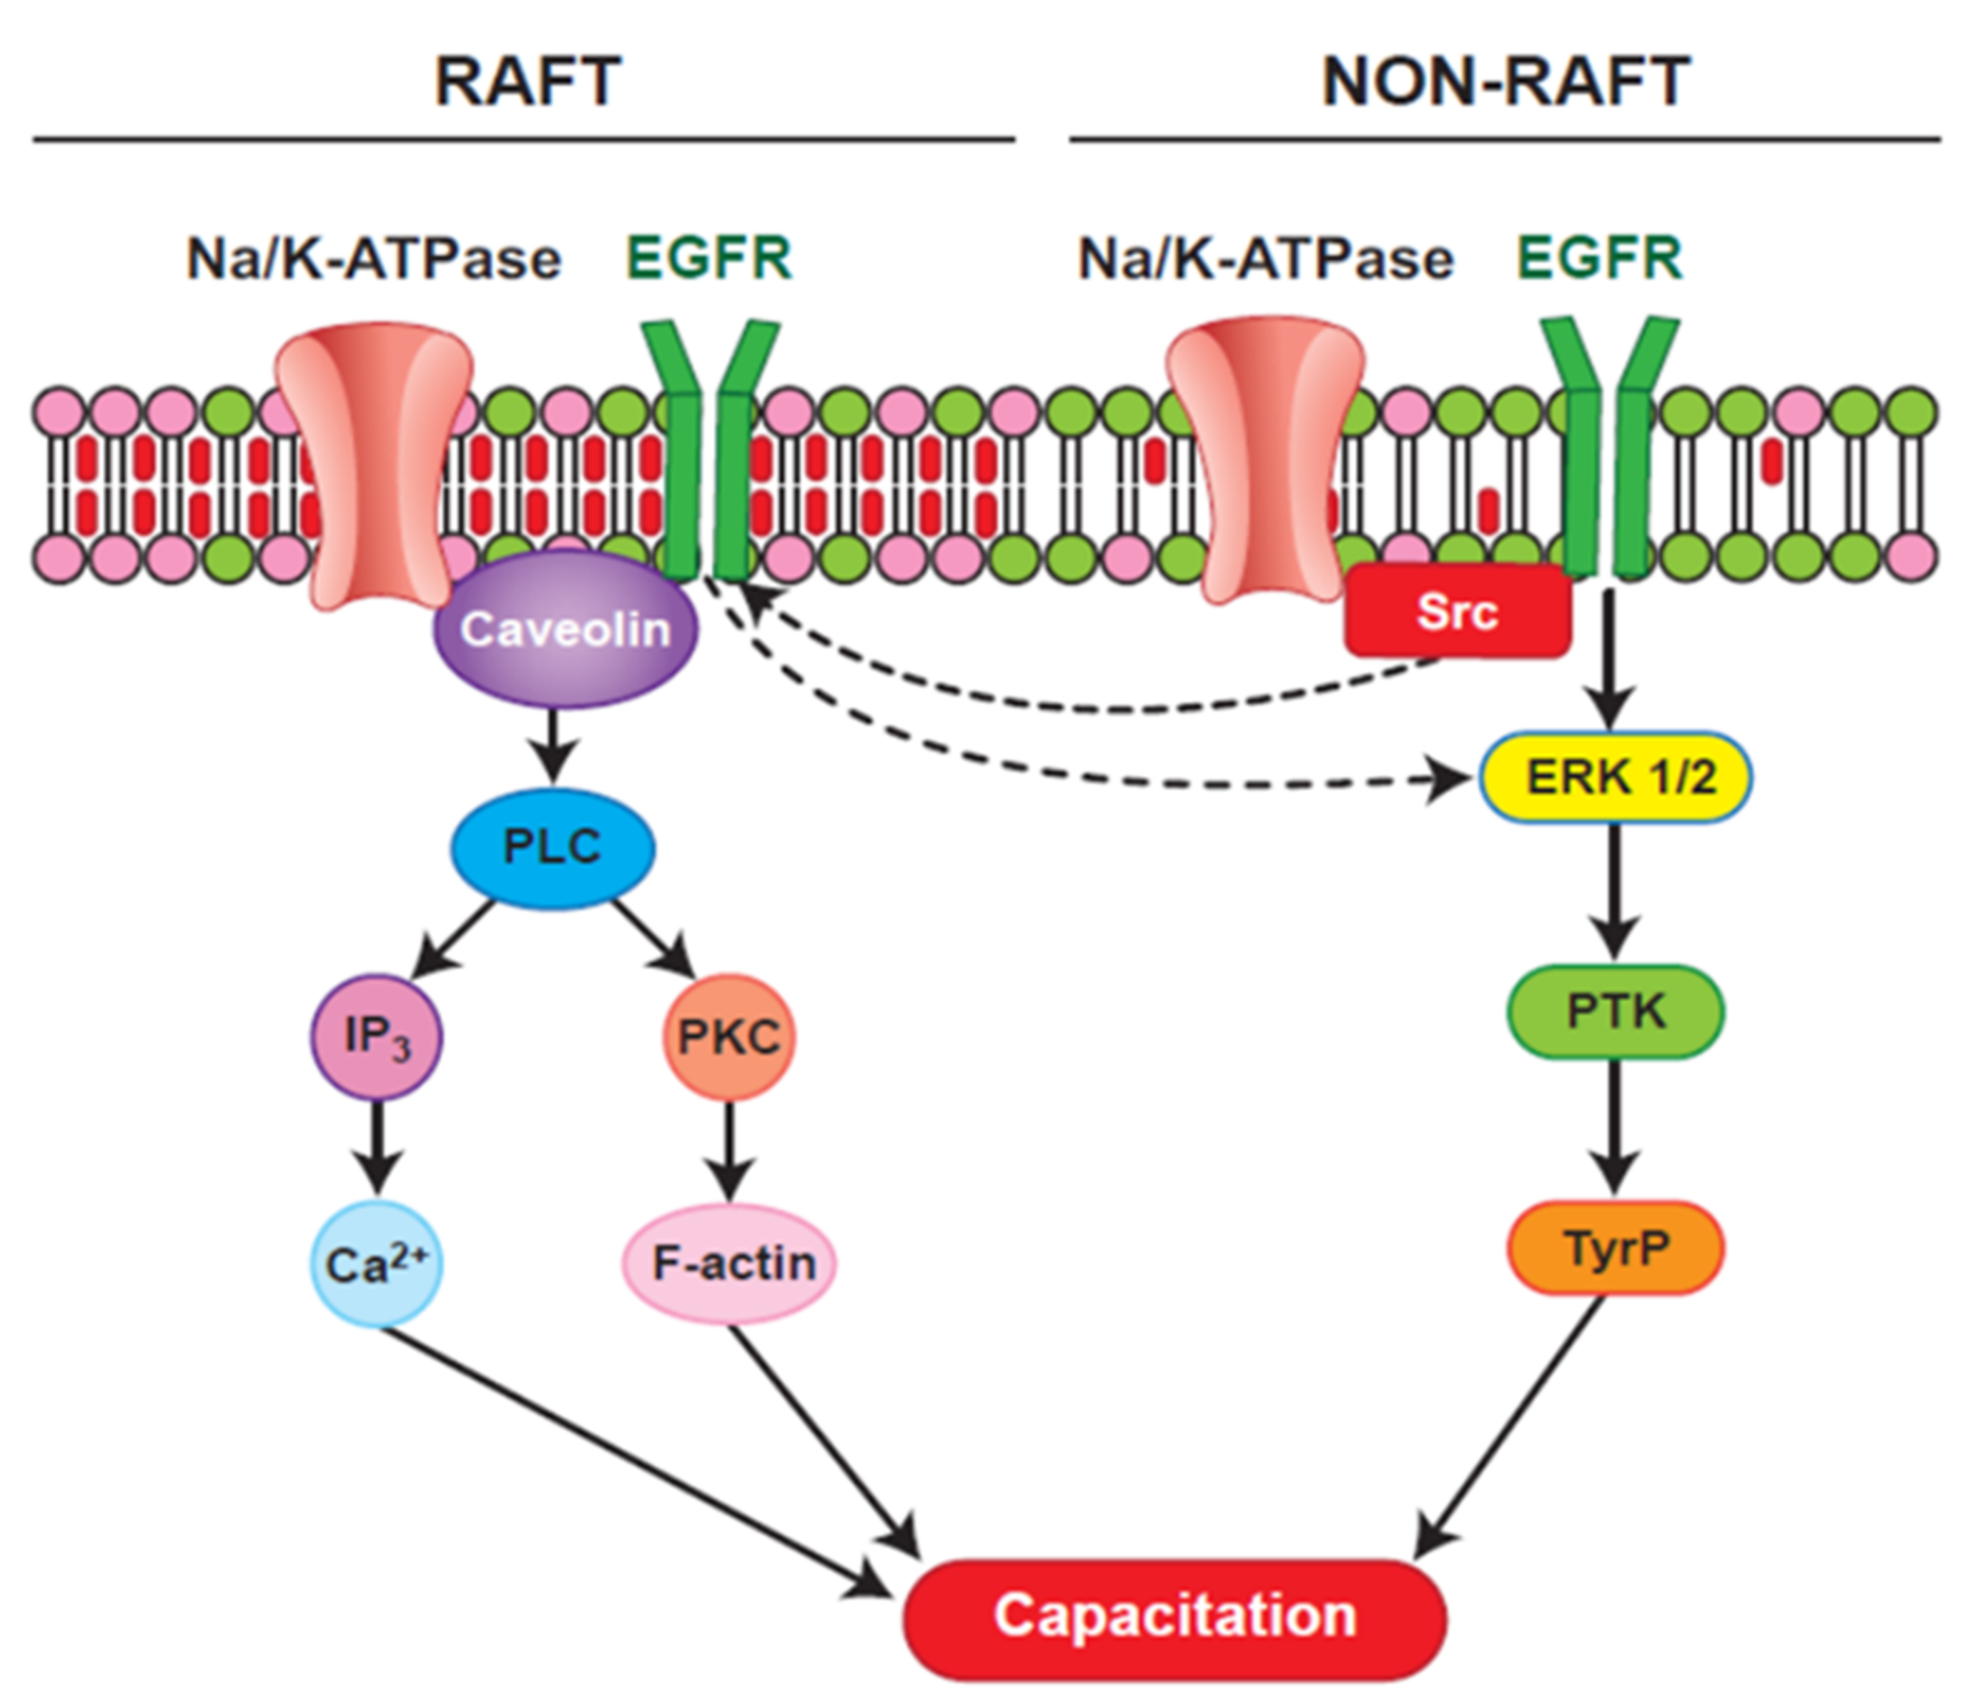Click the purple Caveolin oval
click(x=565, y=629)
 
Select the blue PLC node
click(x=553, y=846)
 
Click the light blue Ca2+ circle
click(x=377, y=1264)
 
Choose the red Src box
click(x=1457, y=611)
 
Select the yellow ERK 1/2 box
click(x=1616, y=778)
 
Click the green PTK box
click(x=1616, y=1011)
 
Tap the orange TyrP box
click(x=1616, y=1247)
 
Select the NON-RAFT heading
click(x=1505, y=82)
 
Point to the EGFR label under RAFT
click(x=709, y=258)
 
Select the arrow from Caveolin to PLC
click(x=555, y=745)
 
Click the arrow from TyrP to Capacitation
click(x=1514, y=1437)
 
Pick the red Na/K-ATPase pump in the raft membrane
click(x=373, y=467)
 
